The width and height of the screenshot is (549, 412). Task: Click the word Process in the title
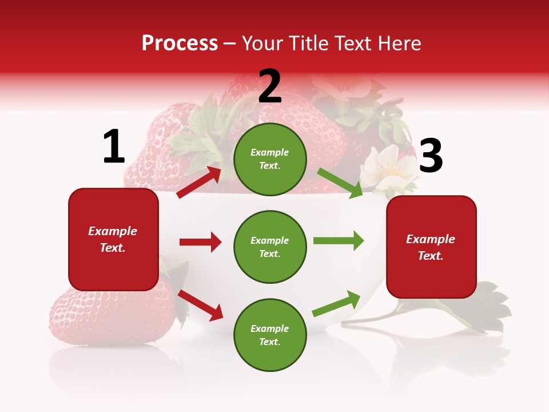coord(180,43)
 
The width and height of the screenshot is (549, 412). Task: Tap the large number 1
coord(114,147)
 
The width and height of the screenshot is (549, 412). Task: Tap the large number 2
coord(270,86)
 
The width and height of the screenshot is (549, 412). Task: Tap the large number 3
coord(431,157)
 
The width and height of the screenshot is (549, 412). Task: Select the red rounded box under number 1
coord(113,239)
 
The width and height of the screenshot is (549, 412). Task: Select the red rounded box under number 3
coord(431,247)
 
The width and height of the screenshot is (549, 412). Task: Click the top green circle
coord(270,159)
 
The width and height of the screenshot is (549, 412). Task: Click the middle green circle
coord(270,247)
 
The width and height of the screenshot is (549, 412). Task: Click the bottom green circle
coord(270,335)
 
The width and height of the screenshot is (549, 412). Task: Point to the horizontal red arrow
coord(200,242)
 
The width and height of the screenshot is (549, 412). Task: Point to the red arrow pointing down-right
coord(200,304)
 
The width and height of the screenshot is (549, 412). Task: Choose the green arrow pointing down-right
coord(340,184)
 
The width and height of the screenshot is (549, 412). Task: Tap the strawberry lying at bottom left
coord(109,315)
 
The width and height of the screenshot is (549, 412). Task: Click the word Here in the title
coord(399,43)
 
